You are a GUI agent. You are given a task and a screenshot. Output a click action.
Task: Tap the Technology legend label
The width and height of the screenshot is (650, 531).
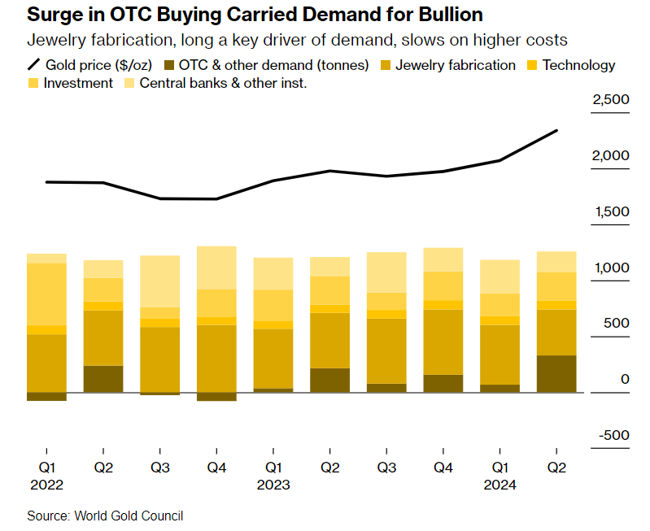pyautogui.click(x=578, y=65)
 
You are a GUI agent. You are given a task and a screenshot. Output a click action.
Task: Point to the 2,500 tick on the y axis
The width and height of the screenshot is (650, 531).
pyautogui.click(x=611, y=100)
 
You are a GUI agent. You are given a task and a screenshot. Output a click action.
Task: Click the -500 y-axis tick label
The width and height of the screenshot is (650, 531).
pyautogui.click(x=613, y=435)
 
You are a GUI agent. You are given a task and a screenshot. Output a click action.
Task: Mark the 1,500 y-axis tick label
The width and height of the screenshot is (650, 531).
pyautogui.click(x=611, y=212)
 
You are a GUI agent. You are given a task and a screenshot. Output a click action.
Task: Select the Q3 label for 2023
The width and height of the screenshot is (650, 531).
pyautogui.click(x=386, y=468)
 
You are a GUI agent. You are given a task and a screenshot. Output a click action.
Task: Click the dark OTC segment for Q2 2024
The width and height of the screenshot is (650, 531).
pyautogui.click(x=556, y=373)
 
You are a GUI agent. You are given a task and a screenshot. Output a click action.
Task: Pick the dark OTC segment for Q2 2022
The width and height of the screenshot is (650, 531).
pyautogui.click(x=103, y=379)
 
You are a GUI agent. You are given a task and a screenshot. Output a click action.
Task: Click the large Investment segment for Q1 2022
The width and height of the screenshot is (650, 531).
pyautogui.click(x=47, y=294)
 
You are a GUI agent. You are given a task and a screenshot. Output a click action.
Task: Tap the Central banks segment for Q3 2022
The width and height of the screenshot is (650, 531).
pyautogui.click(x=160, y=281)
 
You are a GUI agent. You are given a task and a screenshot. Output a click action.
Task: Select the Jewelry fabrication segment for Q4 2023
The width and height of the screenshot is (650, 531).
pyautogui.click(x=443, y=342)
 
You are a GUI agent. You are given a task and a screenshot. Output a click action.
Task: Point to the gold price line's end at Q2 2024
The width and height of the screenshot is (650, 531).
pyautogui.click(x=556, y=130)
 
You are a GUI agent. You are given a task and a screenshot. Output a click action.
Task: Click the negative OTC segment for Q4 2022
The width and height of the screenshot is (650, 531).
pyautogui.click(x=216, y=397)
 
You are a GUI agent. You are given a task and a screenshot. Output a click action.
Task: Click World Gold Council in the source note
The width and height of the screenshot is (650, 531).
pyautogui.click(x=129, y=516)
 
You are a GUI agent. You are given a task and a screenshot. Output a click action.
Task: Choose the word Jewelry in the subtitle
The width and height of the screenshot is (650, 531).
pyautogui.click(x=54, y=41)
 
